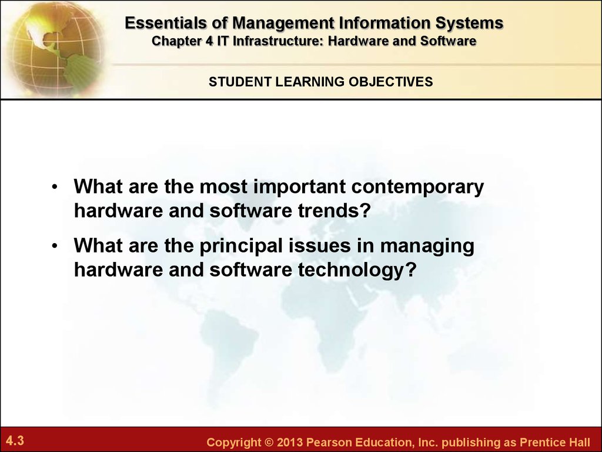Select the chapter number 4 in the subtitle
click(x=209, y=41)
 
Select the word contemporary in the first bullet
click(x=417, y=187)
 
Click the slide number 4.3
click(x=15, y=440)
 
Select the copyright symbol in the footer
click(x=269, y=442)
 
